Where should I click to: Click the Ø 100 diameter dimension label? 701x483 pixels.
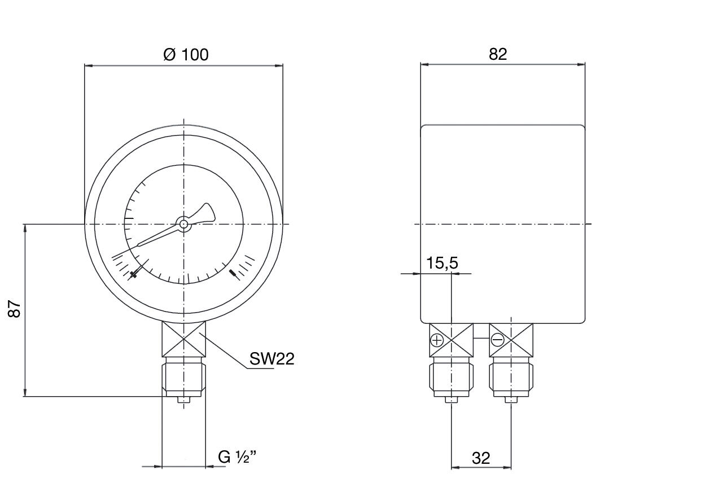click(186, 54)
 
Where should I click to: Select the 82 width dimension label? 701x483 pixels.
click(498, 54)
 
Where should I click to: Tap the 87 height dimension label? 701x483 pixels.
click(15, 309)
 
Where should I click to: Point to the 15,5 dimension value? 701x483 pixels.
click(442, 263)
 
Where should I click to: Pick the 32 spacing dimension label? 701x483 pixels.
click(481, 458)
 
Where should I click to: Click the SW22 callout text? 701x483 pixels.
click(272, 359)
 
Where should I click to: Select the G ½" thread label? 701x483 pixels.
click(237, 457)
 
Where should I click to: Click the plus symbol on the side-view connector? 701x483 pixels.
click(437, 340)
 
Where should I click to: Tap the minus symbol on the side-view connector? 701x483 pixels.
click(497, 340)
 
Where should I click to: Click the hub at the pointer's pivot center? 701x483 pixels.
click(183, 224)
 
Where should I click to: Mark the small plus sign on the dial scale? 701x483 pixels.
click(134, 274)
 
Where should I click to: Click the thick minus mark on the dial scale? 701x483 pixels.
click(234, 274)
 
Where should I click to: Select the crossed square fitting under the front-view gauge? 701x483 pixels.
click(184, 339)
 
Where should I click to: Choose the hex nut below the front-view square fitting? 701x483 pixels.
click(184, 377)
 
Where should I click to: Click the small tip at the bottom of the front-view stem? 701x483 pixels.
click(184, 400)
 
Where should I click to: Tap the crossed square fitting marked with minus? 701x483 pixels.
click(511, 340)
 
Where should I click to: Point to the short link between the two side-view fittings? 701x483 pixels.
click(481, 338)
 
